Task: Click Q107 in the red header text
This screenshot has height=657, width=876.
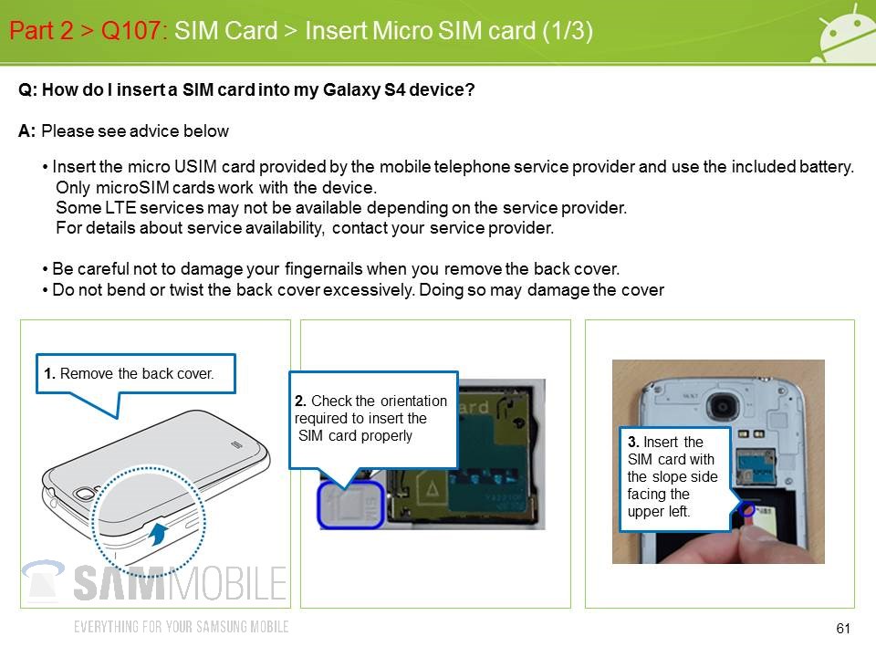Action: (130, 30)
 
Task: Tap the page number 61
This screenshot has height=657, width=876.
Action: (843, 629)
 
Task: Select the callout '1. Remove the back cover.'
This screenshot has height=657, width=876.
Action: (136, 374)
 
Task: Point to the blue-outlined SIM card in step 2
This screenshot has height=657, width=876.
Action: (350, 505)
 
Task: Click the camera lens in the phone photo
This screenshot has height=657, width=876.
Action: (724, 406)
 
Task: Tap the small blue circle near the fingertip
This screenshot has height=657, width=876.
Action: (747, 509)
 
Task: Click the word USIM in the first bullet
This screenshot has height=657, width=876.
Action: (195, 166)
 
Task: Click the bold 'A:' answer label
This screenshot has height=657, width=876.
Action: (26, 130)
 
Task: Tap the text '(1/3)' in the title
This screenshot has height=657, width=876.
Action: (568, 30)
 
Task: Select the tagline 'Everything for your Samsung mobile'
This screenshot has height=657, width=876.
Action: (181, 627)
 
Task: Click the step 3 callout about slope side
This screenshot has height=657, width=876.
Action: (675, 478)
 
